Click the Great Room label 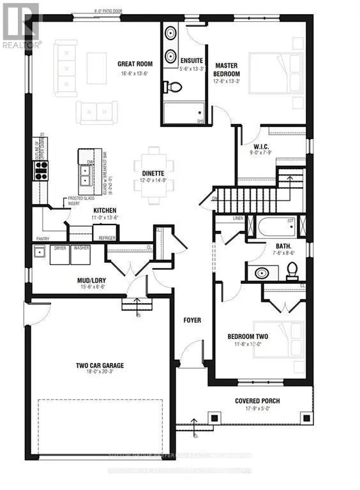(x=133, y=64)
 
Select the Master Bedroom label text (x=227, y=70)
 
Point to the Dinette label (x=149, y=172)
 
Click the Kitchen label (x=105, y=210)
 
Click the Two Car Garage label (x=100, y=366)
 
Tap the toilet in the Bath (x=292, y=272)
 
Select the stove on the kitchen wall (x=41, y=169)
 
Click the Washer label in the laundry (x=81, y=247)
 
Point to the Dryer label (x=61, y=247)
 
